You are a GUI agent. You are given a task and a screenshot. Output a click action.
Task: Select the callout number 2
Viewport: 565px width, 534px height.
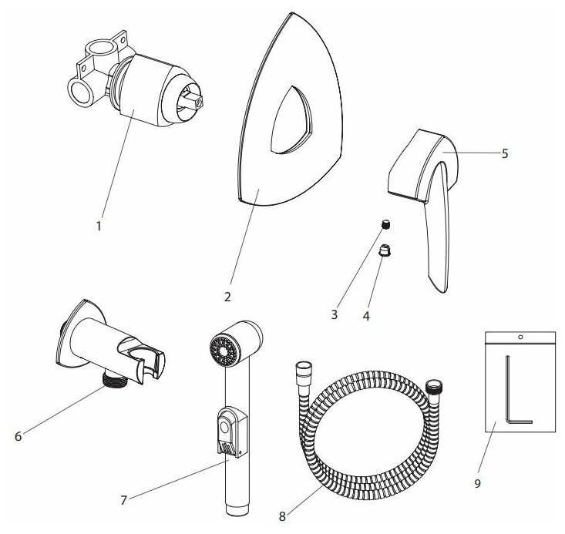pyautogui.click(x=227, y=295)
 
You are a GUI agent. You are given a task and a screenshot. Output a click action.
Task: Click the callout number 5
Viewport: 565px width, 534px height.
pyautogui.click(x=504, y=153)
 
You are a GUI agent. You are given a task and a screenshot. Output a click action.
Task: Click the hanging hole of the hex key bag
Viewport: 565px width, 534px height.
pyautogui.click(x=520, y=337)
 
